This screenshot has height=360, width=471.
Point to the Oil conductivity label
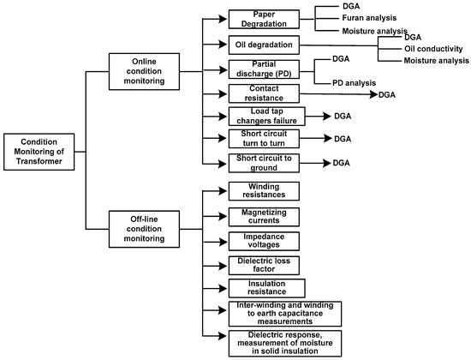coord(436,49)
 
